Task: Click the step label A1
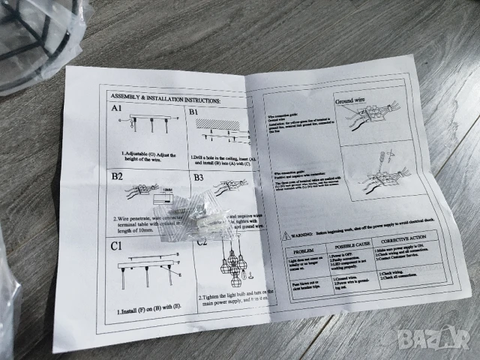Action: (117, 109)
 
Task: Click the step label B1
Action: (193, 112)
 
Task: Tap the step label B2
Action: (118, 178)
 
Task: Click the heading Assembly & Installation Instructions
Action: (165, 97)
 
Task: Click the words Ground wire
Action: (350, 100)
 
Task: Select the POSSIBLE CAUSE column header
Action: (349, 247)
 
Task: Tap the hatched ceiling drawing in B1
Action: (223, 121)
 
